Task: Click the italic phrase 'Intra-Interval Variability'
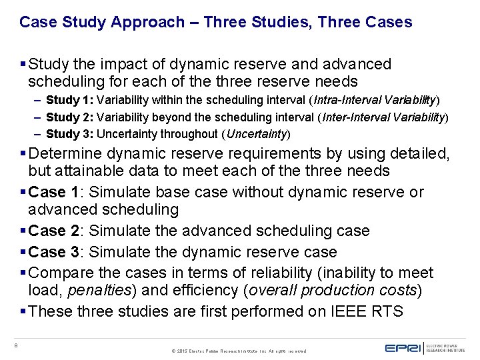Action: (375, 100)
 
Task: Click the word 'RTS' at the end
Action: (387, 311)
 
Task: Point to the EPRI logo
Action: (407, 347)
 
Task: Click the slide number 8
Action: (15, 345)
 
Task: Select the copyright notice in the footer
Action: (239, 351)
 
